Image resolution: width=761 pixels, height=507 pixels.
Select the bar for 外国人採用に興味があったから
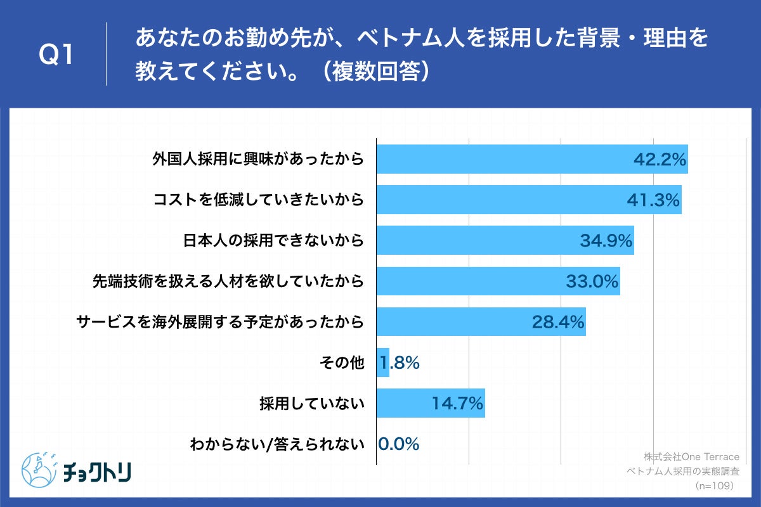point(531,159)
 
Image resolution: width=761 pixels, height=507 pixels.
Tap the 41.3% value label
point(653,200)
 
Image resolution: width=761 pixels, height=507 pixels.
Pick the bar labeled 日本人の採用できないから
point(505,241)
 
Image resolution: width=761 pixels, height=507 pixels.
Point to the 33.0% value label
point(592,281)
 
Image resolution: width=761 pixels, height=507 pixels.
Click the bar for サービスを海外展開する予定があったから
point(481,322)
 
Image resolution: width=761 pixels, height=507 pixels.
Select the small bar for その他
point(383,363)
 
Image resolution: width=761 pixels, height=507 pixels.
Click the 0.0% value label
point(399,444)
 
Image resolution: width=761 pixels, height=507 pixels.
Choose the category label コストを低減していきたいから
point(259,200)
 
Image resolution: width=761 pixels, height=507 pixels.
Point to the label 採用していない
point(311,403)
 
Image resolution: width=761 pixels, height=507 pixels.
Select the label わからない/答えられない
point(277,444)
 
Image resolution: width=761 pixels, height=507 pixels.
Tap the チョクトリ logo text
point(97,472)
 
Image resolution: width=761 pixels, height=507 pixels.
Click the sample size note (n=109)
point(714,485)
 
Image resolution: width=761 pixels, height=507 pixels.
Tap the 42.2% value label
point(660,160)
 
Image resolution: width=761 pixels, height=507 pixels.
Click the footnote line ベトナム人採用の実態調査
point(683,472)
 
